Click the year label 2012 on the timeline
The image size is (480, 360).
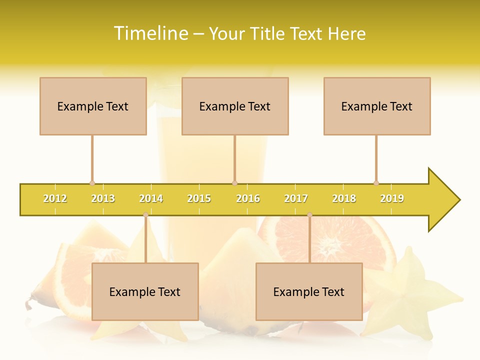tap(55, 198)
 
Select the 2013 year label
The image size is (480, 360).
tap(103, 198)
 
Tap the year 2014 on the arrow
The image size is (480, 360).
tap(151, 198)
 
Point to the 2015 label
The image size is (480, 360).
tap(199, 198)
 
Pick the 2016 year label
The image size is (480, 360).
tap(248, 198)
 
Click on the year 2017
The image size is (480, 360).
tap(296, 198)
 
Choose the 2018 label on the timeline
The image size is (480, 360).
tap(344, 198)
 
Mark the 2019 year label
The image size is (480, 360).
tap(392, 198)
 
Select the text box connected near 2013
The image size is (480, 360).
tap(93, 106)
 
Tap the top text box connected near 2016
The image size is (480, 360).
tap(235, 106)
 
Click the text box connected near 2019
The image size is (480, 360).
tap(377, 106)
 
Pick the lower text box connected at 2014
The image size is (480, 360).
tap(145, 291)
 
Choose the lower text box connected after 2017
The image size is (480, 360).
tap(309, 291)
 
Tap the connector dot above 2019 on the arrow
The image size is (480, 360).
tap(376, 183)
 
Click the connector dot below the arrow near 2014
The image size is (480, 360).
tap(145, 214)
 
